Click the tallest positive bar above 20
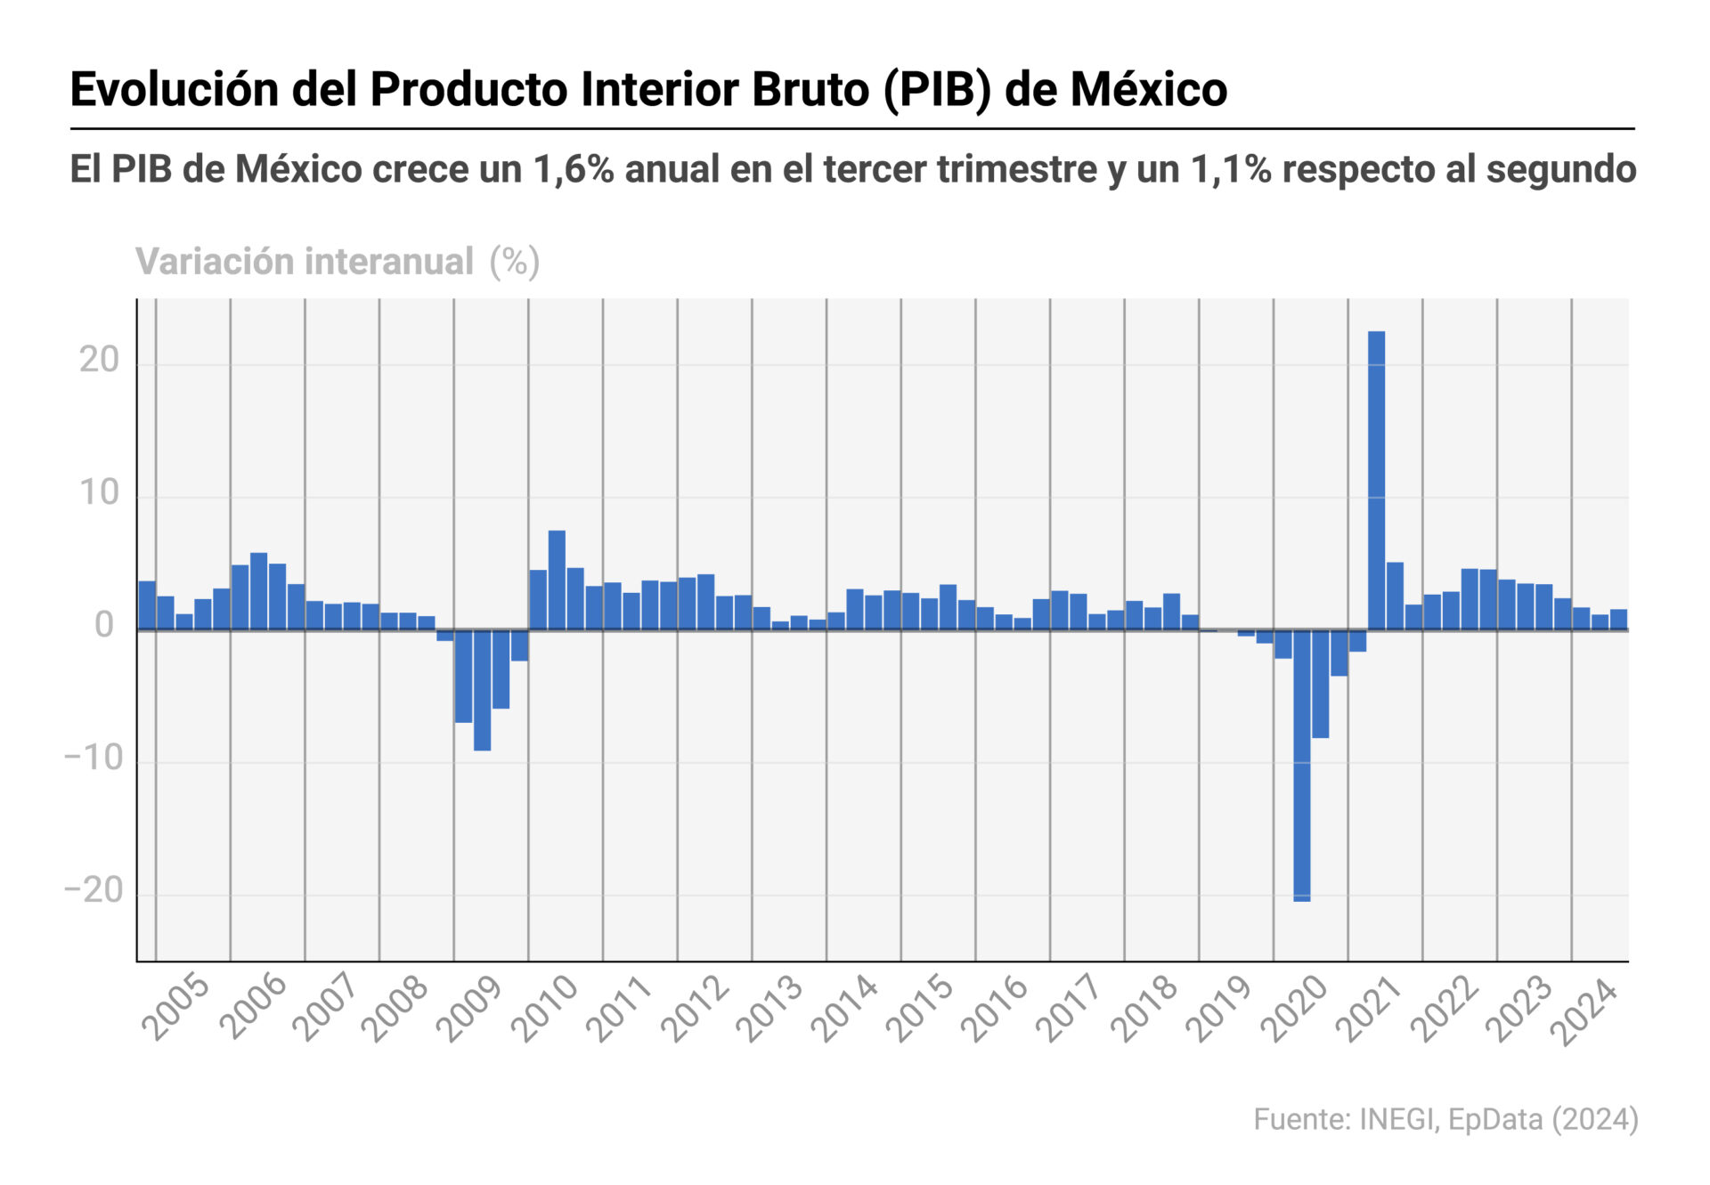(1376, 481)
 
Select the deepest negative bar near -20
(1301, 766)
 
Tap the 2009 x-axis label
(469, 1010)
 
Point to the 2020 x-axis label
(1295, 1010)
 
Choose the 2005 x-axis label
(175, 1010)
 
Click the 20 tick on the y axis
(99, 361)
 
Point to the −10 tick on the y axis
(94, 759)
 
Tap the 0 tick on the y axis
(104, 626)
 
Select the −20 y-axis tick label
(94, 890)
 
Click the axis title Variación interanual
(305, 262)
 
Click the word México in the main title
(1148, 90)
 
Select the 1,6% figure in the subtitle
(574, 169)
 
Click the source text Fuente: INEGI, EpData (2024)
(1445, 1119)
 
